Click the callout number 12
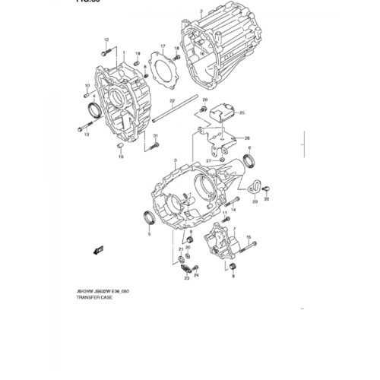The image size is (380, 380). [x=106, y=38]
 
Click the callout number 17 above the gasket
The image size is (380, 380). [x=162, y=46]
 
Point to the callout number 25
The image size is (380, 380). [x=242, y=112]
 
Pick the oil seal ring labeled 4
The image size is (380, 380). [x=93, y=109]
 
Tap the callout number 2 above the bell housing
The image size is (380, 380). [x=200, y=13]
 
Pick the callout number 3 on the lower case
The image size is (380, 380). [x=174, y=162]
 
